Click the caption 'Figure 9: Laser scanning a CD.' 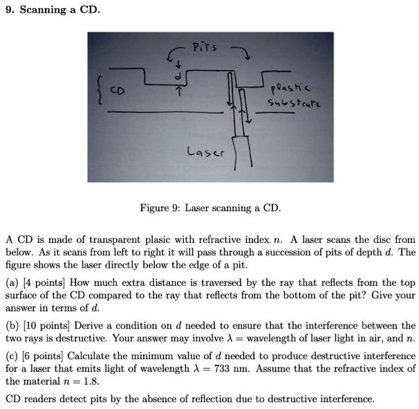pos(209,208)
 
